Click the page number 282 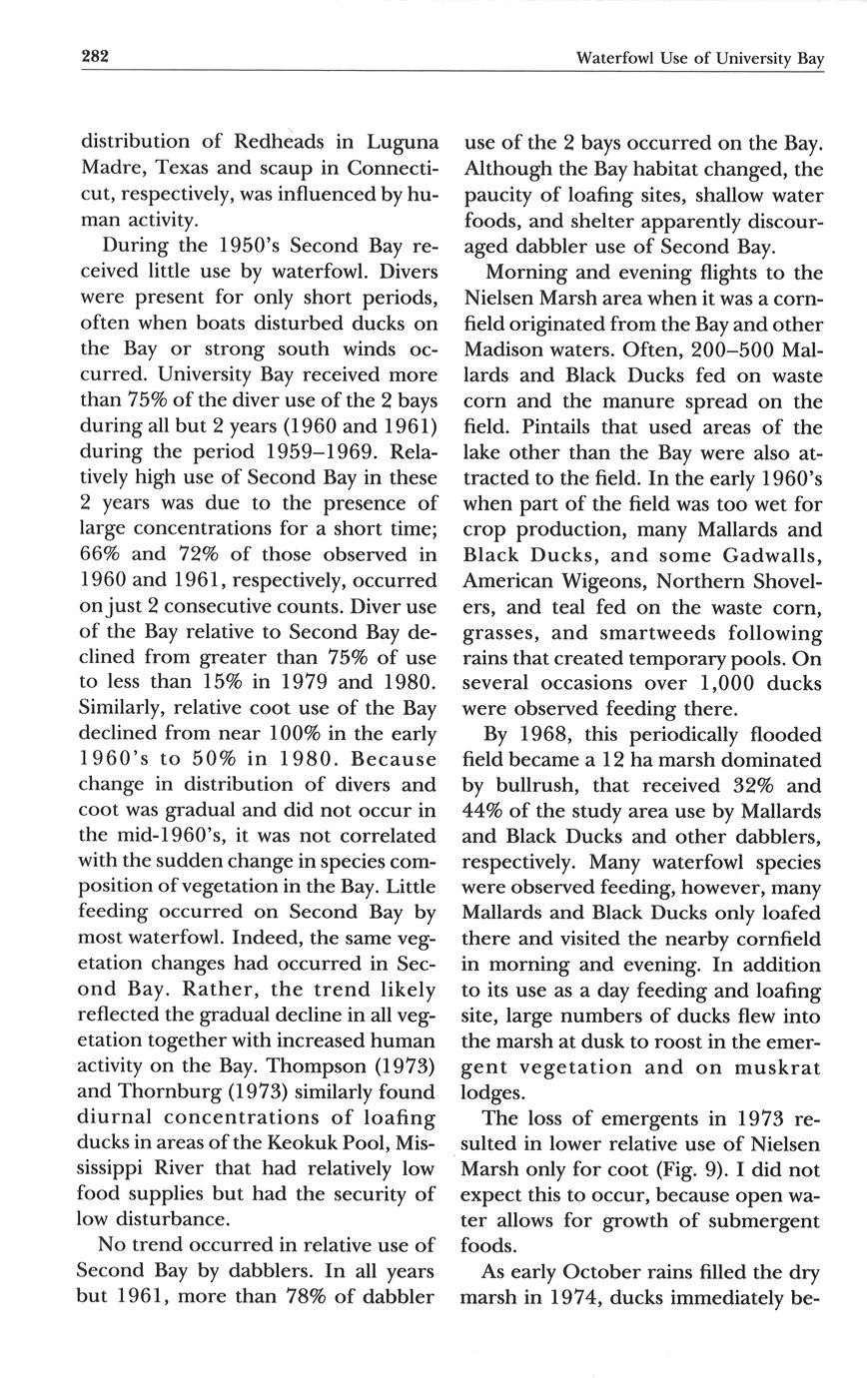(x=94, y=57)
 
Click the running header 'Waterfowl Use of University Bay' (x=700, y=59)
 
